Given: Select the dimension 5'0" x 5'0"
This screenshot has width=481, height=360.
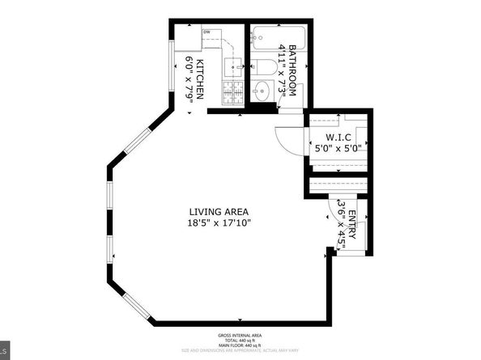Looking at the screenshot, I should click(338, 148).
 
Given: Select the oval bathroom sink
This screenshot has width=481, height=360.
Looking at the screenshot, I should click(262, 90).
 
